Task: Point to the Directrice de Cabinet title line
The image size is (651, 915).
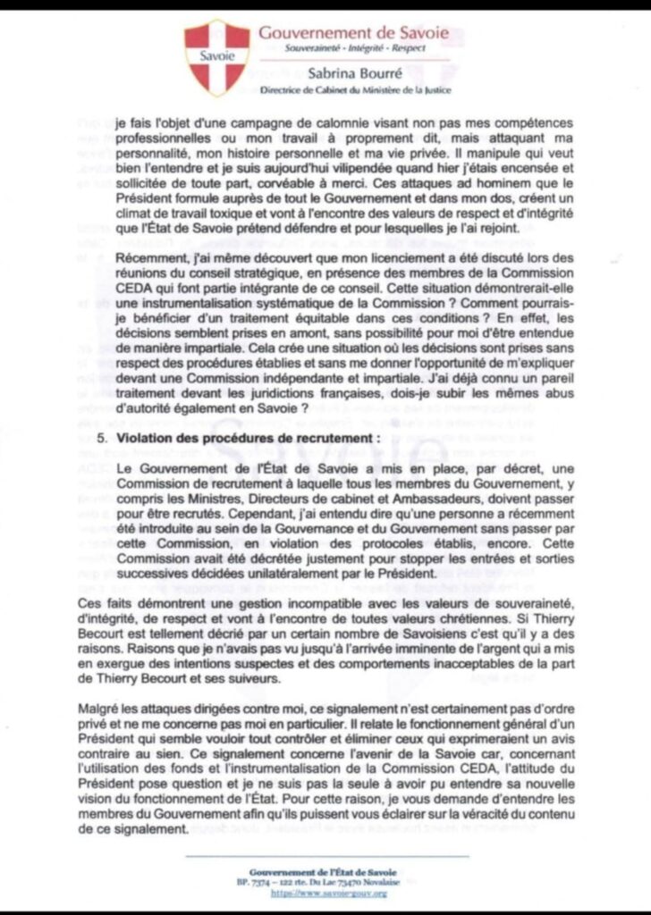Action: point(355,90)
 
